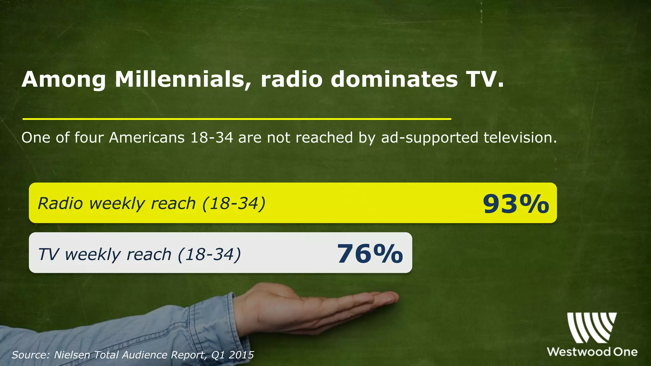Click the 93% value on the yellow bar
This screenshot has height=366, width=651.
(516, 204)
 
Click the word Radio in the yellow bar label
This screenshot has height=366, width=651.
(60, 203)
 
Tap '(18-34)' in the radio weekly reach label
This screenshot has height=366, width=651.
(234, 203)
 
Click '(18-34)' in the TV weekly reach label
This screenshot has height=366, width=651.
(209, 254)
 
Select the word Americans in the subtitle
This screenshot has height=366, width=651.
(147, 138)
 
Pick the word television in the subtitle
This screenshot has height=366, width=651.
(520, 138)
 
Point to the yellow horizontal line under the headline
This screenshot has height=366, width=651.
(237, 119)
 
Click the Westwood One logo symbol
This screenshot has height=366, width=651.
(592, 327)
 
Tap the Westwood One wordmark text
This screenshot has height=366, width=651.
(592, 352)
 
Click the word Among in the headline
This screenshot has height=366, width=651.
(64, 79)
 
